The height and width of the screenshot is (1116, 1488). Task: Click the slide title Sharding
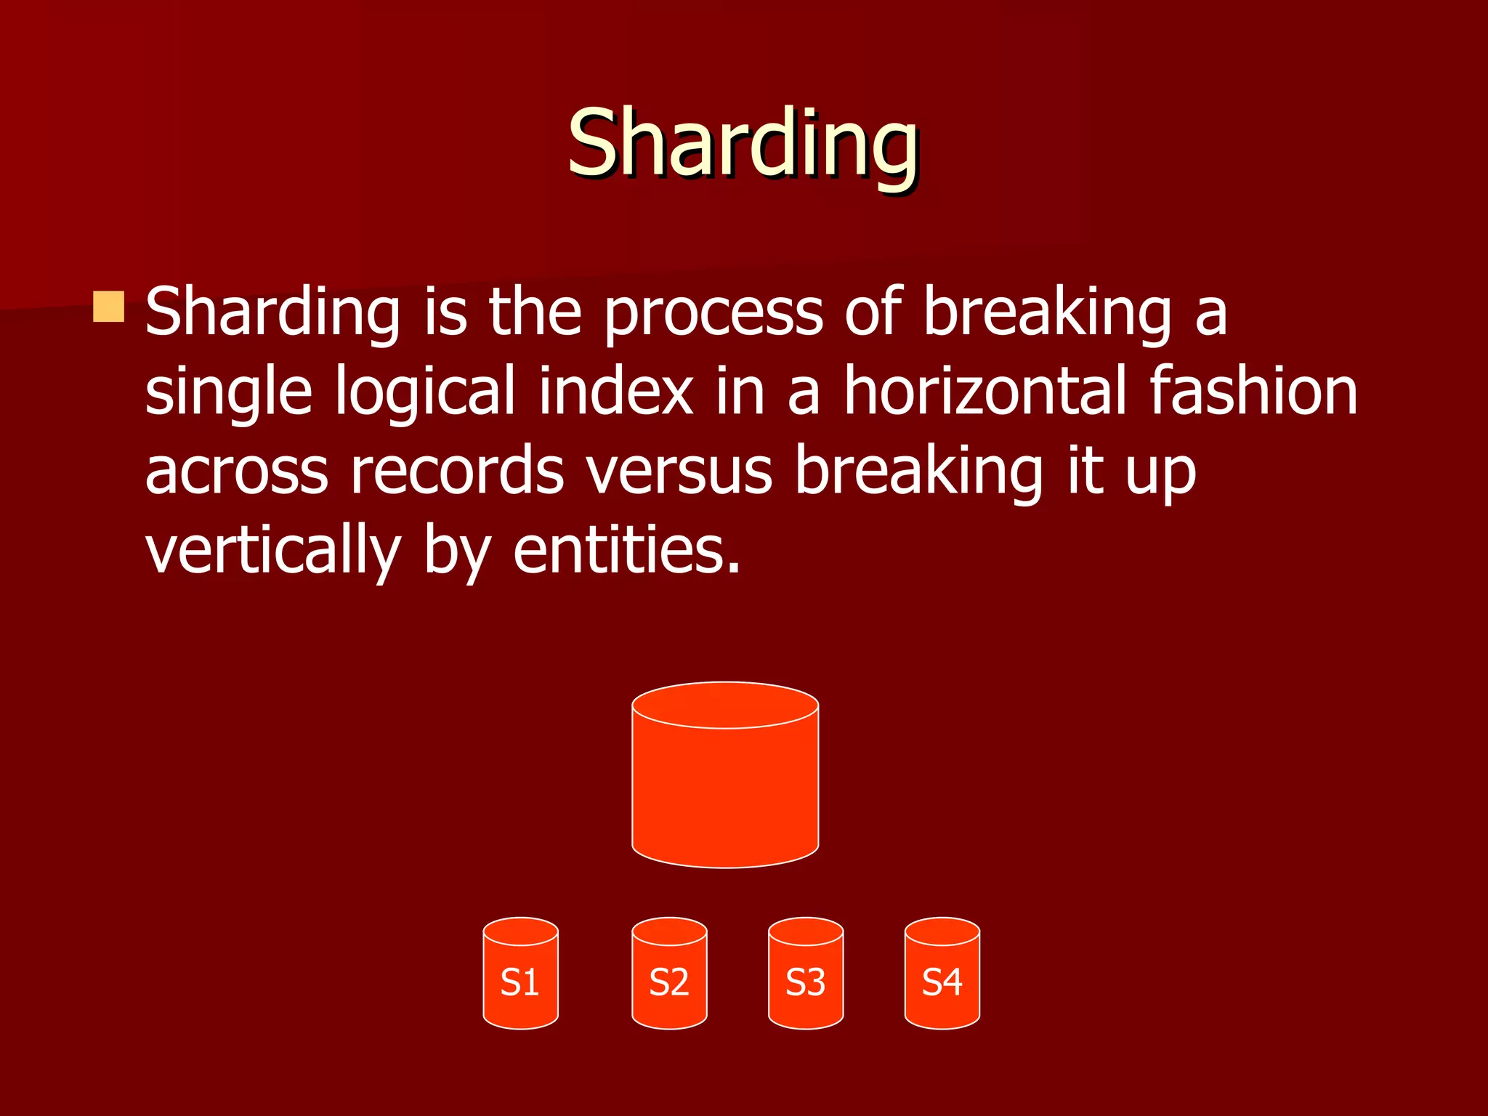[743, 143]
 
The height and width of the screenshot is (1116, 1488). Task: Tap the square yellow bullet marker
[109, 307]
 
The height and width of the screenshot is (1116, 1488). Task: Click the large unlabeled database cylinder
[725, 792]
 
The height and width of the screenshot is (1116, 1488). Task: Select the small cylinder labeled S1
[520, 981]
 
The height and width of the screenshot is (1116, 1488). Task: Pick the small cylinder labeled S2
[669, 981]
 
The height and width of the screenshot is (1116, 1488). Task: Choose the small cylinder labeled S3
[806, 981]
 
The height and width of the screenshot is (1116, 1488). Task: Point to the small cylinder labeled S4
[942, 981]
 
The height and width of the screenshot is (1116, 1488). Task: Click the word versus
[679, 472]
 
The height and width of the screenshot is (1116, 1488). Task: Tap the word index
[616, 392]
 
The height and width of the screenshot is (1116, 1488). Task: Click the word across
[236, 472]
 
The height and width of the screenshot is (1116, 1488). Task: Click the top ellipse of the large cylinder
[725, 704]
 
